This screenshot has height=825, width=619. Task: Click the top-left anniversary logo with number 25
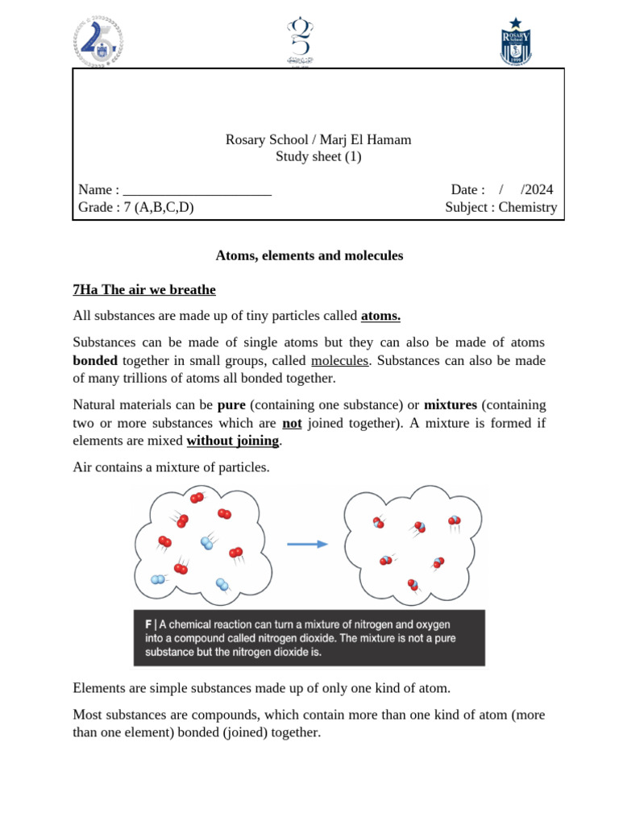pos(98,41)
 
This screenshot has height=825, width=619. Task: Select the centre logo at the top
pos(299,41)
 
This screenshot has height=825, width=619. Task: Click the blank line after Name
pos(197,190)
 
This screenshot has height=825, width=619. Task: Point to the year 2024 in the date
pos(537,189)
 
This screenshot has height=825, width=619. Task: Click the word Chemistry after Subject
pos(527,207)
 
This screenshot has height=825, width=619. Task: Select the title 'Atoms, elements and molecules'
pos(309,255)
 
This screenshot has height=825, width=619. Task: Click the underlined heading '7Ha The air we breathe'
pos(144,289)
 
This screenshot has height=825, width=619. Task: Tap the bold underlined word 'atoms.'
pos(380,316)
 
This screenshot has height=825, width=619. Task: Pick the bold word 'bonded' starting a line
pos(95,360)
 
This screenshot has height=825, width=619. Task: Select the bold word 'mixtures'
pos(451,404)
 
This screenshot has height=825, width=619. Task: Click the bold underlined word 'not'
pos(292,422)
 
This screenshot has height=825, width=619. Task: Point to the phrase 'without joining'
pos(232,441)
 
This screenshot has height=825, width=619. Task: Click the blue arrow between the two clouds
pos(307,544)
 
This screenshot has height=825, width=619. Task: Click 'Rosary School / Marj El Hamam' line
pos(318,139)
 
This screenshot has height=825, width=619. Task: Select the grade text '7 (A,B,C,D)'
pos(159,207)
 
